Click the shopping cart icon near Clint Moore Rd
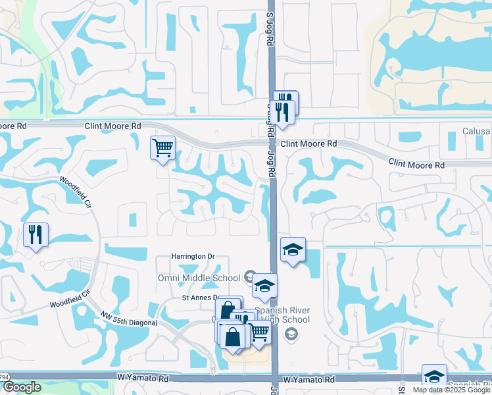tap(162, 147)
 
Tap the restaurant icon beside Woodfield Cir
tap(36, 234)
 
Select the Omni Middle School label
tap(199, 278)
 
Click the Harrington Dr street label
tap(193, 256)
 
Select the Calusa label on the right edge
tap(476, 131)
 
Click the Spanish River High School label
tap(282, 315)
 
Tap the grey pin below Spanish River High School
tap(290, 335)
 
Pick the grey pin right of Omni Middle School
tap(249, 277)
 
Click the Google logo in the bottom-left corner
tap(21, 387)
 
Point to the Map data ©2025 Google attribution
tap(451, 390)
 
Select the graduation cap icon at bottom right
tap(434, 376)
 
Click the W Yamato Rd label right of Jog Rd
tap(308, 380)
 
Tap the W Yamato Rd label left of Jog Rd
tap(143, 379)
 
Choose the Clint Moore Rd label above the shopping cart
tap(113, 125)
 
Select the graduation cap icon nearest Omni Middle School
tap(265, 286)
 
